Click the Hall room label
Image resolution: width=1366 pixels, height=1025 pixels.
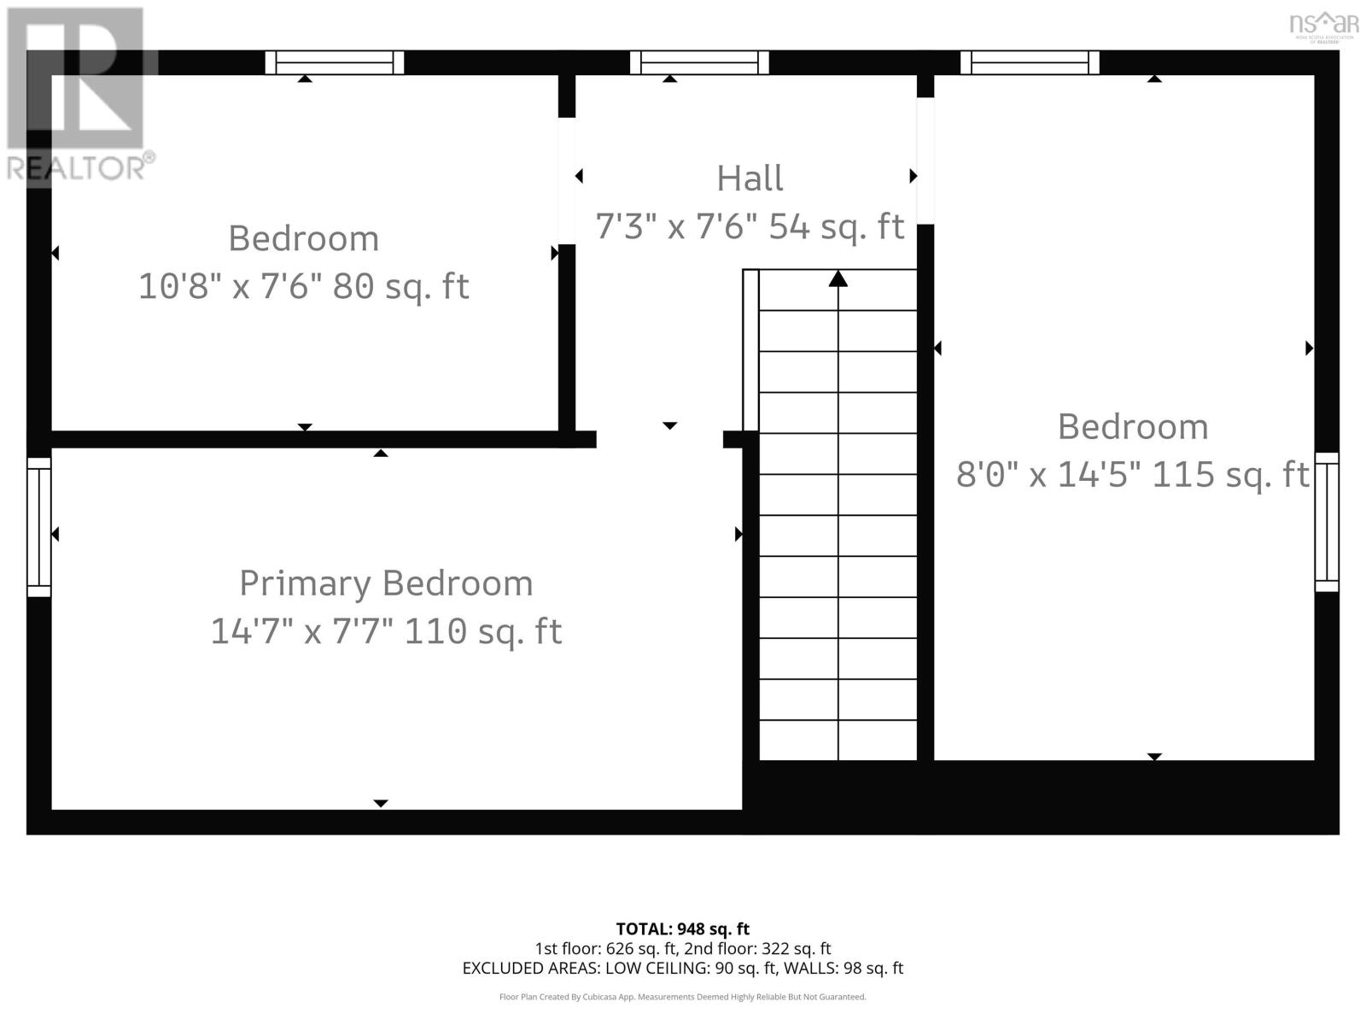(750, 179)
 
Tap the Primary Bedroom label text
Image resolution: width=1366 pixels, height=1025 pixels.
(386, 583)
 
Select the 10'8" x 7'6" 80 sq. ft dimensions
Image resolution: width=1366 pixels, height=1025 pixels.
(304, 286)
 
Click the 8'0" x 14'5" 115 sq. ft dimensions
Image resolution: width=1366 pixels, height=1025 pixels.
(1132, 474)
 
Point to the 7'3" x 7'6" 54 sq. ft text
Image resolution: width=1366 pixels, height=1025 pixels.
(750, 227)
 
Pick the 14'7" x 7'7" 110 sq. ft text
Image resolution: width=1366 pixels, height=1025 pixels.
(386, 632)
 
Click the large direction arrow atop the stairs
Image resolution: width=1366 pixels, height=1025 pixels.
(838, 278)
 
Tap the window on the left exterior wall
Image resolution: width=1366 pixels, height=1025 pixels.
(39, 527)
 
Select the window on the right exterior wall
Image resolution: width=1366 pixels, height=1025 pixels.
(1326, 521)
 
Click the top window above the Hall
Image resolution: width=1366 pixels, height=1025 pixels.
(699, 62)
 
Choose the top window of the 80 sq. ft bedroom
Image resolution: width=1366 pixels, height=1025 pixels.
(334, 62)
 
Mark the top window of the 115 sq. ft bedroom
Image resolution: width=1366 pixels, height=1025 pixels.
(1030, 62)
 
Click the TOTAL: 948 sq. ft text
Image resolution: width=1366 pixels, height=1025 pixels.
(682, 928)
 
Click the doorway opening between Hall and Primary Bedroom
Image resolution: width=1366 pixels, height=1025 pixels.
(659, 439)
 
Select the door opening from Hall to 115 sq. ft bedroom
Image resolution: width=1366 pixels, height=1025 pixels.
(925, 161)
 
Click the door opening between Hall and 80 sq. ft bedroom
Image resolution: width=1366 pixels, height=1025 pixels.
(566, 180)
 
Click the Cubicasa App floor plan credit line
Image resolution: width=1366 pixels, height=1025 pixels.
(682, 997)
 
